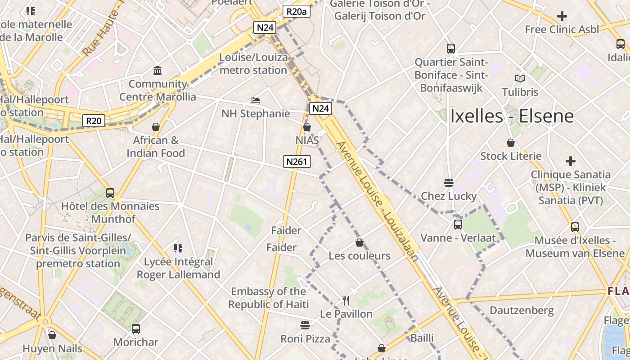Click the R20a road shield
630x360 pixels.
297,12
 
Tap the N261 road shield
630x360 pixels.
297,162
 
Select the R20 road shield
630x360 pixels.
94,121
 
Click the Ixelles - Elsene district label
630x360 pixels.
512,116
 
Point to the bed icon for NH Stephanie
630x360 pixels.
256,100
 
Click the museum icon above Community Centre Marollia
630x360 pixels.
157,71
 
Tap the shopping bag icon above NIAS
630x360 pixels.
307,127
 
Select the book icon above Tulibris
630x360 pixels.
520,78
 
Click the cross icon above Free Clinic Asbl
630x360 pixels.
562,16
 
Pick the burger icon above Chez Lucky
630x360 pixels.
448,183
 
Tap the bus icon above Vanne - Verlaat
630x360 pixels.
458,224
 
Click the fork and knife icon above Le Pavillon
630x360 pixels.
346,300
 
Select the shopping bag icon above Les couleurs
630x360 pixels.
360,243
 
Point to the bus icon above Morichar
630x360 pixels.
136,329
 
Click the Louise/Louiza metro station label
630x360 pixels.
253,64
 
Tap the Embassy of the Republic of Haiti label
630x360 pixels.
268,298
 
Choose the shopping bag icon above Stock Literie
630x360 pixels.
511,143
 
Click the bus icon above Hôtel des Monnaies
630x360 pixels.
110,193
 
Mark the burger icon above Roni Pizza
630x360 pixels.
305,325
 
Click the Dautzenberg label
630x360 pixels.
522,310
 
